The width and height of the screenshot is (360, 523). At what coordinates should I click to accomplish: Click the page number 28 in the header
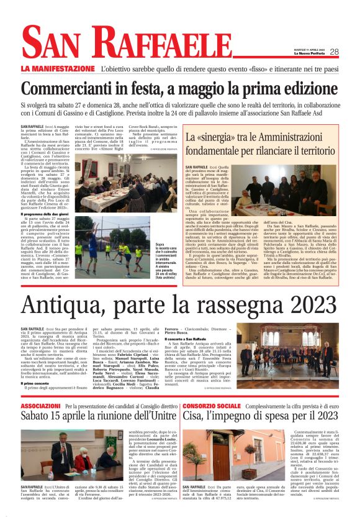pos(334,52)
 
